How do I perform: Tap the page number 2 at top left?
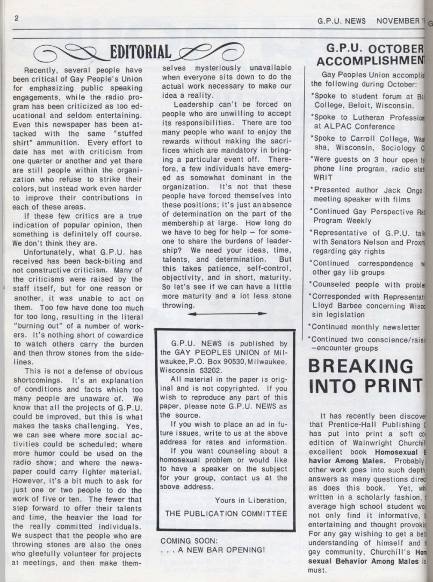17,18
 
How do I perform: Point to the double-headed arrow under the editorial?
228,313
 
